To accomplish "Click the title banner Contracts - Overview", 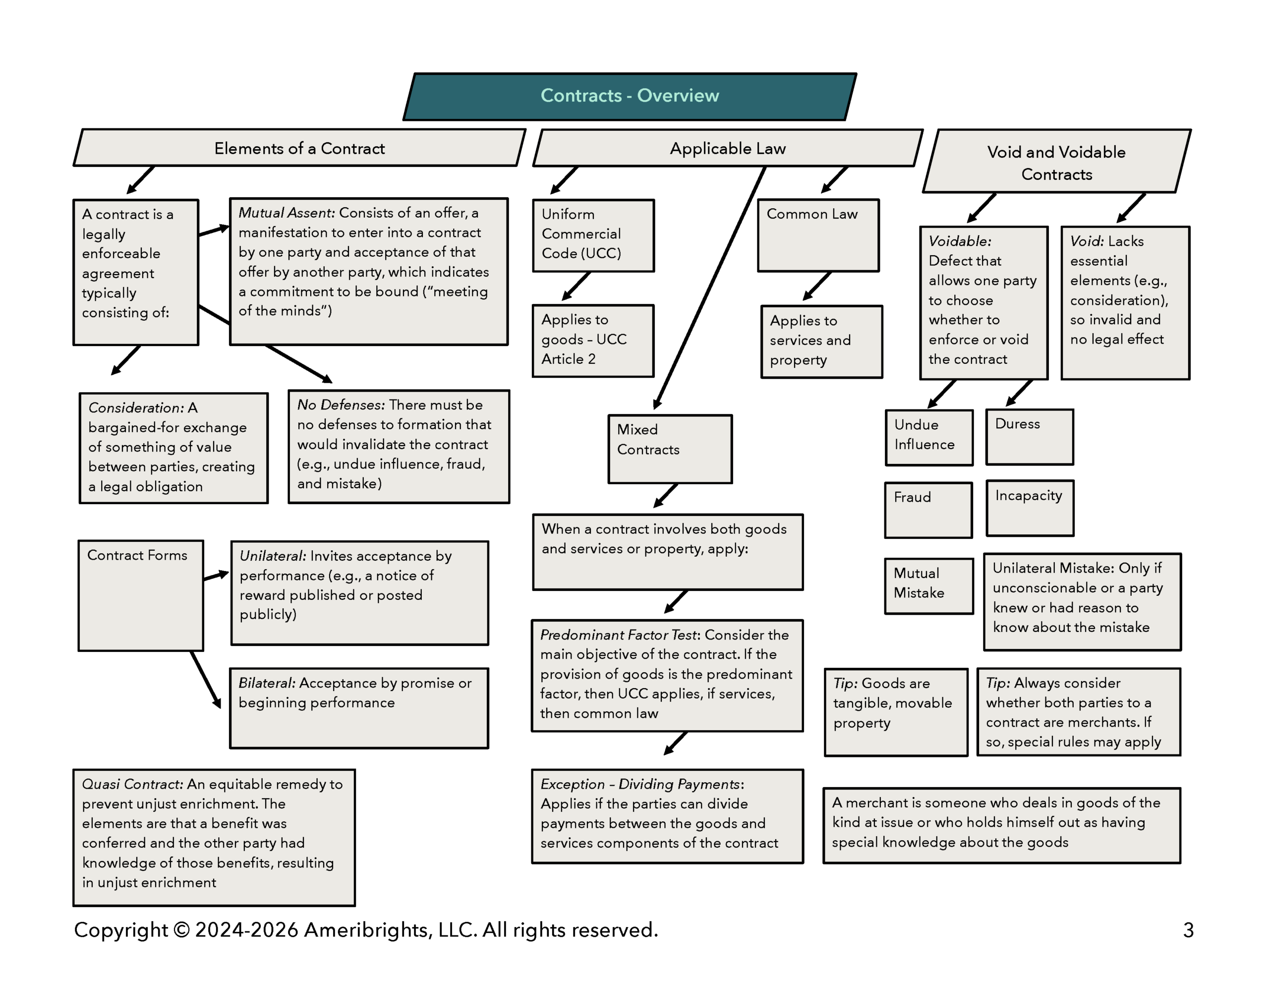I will [629, 96].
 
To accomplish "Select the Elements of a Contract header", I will [299, 148].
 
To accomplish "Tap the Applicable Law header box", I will [728, 148].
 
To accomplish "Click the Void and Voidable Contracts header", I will [1056, 162].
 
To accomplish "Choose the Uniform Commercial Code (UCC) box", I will [593, 235].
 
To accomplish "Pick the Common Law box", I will [817, 235].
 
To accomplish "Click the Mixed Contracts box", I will [669, 448].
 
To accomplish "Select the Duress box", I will [1029, 436].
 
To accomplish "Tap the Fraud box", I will [928, 510].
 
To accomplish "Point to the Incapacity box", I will [1030, 507].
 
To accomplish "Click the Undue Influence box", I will [928, 437].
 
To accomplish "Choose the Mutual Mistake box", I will [928, 585].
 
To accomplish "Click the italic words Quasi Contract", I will [132, 784].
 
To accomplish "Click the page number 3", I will [1188, 930].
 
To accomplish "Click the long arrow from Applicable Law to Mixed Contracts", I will [710, 288].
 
